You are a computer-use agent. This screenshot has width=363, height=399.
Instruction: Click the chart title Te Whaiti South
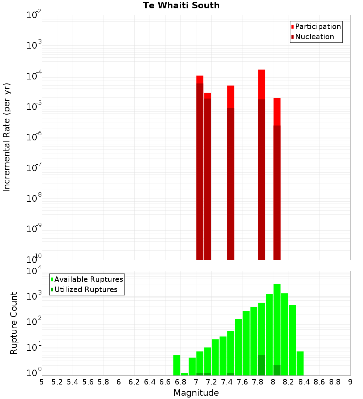click(x=181, y=6)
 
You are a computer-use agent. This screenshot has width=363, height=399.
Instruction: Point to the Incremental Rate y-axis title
click(x=7, y=137)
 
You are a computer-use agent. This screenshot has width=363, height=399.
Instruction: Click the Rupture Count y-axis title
click(x=14, y=323)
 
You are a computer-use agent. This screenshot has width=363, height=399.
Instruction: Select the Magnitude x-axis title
click(x=196, y=393)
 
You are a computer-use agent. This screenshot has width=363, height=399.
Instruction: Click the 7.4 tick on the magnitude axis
click(x=227, y=382)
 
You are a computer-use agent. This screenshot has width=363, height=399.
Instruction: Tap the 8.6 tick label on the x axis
click(x=319, y=382)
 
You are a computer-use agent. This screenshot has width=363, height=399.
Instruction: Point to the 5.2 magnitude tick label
click(x=57, y=382)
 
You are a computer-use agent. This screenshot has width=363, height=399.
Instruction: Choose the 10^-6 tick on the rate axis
click(x=34, y=137)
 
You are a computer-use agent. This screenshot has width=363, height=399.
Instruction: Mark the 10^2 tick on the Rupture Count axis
click(x=34, y=322)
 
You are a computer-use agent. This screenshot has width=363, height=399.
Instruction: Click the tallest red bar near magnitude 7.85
click(x=261, y=84)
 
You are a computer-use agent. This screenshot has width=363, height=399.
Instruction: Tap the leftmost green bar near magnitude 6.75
click(x=177, y=365)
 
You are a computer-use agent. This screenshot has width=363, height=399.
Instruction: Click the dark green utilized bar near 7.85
click(x=261, y=365)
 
